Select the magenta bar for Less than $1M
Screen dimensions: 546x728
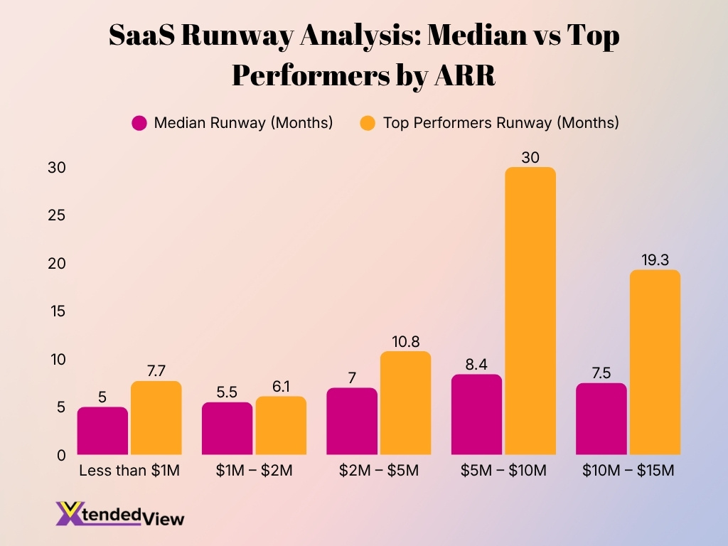click(102, 431)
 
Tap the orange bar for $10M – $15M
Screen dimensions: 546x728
click(655, 363)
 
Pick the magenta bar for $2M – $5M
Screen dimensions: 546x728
click(352, 422)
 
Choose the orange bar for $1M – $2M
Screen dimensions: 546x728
click(281, 426)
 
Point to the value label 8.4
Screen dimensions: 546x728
click(476, 363)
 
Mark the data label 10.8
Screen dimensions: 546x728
click(406, 341)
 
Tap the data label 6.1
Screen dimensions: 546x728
click(281, 385)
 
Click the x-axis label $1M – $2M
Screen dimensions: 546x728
click(255, 471)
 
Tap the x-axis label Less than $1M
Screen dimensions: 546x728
click(129, 471)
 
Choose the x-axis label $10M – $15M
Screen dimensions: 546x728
click(628, 471)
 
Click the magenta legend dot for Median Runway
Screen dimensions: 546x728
click(139, 123)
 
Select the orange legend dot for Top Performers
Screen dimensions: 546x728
click(367, 123)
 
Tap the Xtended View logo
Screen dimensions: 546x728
click(119, 513)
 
